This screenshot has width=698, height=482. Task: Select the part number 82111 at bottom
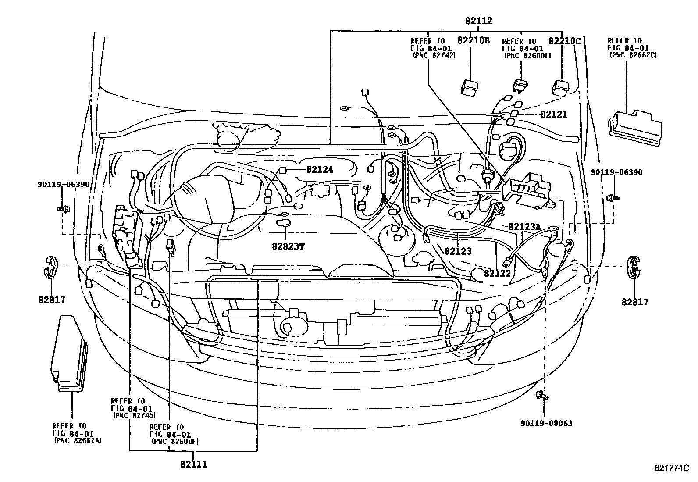coord(193,464)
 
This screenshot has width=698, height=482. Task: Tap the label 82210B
coord(473,40)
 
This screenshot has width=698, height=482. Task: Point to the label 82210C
coord(565,40)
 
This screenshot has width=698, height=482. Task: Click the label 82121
coord(553,114)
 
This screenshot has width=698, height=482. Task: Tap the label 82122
coord(497,273)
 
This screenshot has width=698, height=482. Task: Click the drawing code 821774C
coord(670,468)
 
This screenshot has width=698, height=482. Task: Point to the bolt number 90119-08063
coord(546,423)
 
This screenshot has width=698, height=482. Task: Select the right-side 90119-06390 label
coord(616,172)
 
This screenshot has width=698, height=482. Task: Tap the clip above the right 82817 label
coord(633,266)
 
